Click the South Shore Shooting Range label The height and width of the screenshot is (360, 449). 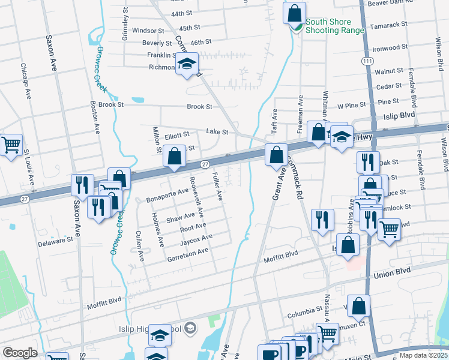click(x=335, y=26)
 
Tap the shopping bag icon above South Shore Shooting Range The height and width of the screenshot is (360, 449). click(x=294, y=13)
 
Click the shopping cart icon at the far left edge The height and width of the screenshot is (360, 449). click(x=11, y=145)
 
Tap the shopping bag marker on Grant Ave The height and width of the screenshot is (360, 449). click(x=276, y=155)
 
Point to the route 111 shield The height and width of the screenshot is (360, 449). click(x=366, y=61)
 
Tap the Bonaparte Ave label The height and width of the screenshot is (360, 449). click(x=167, y=197)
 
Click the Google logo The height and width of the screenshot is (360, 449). click(x=20, y=353)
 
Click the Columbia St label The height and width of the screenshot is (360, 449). click(x=304, y=312)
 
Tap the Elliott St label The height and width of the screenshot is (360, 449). click(x=177, y=135)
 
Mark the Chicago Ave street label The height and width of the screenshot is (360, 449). click(x=26, y=81)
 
